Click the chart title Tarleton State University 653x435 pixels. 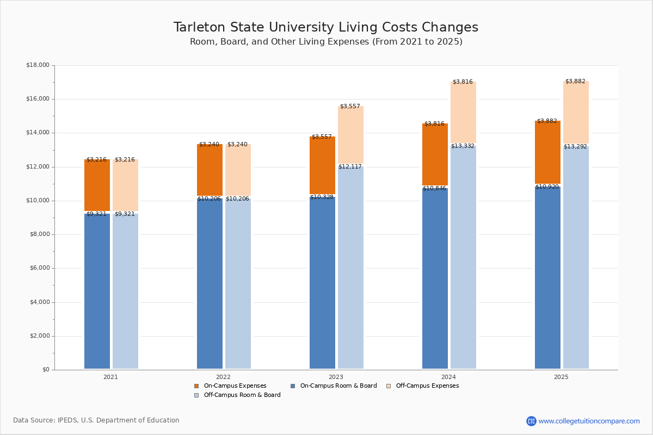[x=325, y=28]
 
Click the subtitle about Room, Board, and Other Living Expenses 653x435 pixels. [x=325, y=42]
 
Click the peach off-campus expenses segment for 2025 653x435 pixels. [x=576, y=112]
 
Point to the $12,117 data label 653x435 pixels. [x=350, y=167]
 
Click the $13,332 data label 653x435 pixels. [x=463, y=146]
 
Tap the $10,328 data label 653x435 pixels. [x=322, y=197]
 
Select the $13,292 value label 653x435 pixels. [x=575, y=147]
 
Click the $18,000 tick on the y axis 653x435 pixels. [x=38, y=65]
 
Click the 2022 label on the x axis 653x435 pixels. [x=223, y=377]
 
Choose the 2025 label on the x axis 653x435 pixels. [x=561, y=377]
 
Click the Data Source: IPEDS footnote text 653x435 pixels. [x=96, y=420]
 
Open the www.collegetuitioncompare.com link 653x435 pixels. [x=589, y=421]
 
